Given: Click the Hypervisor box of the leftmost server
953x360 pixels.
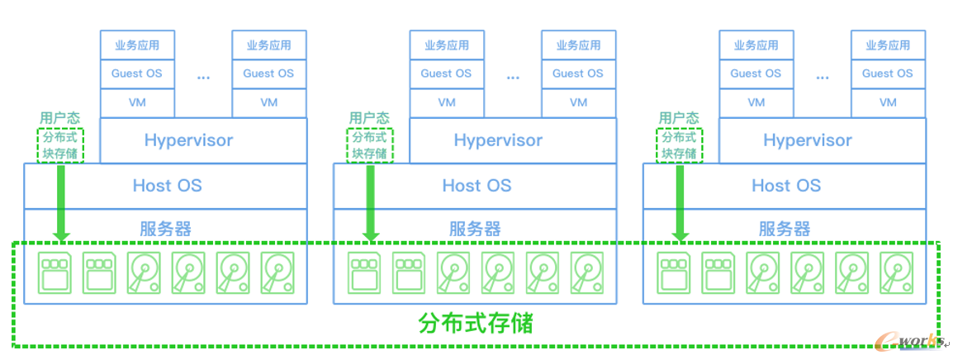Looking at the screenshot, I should [188, 140].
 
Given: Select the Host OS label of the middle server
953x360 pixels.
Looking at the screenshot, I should [476, 186].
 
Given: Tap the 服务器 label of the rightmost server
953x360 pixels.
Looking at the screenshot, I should [785, 229].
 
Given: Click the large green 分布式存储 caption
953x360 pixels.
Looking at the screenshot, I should [476, 323].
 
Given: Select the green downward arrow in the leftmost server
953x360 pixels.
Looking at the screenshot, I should [60, 202].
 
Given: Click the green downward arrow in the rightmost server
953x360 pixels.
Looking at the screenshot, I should [680, 202].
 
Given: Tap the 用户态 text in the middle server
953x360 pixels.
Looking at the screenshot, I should [369, 119].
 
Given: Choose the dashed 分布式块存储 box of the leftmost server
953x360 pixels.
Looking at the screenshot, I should [60, 145].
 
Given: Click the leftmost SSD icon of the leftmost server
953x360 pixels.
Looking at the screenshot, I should [55, 272].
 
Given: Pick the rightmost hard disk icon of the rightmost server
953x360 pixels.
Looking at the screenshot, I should [896, 272].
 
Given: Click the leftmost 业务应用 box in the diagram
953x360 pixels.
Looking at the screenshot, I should [137, 45].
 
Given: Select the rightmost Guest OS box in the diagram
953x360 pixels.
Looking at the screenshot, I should [888, 73].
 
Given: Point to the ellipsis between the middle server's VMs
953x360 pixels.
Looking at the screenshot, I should [513, 77].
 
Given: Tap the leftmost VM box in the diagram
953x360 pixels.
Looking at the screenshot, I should [137, 102].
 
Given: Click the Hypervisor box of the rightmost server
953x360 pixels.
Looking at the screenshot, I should [808, 140].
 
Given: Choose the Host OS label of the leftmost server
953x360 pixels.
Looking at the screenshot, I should [167, 186].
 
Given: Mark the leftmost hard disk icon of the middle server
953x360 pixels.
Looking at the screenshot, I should [453, 272].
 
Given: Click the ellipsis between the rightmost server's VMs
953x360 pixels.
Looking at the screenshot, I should [823, 77].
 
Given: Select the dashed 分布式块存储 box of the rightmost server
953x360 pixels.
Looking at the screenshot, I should [680, 145].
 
